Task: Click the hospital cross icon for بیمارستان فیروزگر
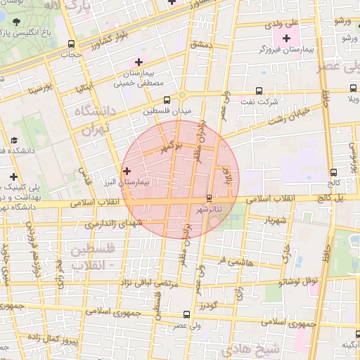(x=285, y=37)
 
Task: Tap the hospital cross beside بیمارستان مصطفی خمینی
(x=139, y=63)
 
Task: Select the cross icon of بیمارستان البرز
(x=127, y=170)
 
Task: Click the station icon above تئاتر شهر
(x=208, y=198)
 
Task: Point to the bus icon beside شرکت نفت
(x=259, y=90)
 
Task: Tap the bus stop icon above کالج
(x=333, y=172)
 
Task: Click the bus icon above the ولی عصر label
(x=186, y=314)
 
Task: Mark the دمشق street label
(x=201, y=44)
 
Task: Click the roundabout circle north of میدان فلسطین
(x=182, y=94)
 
